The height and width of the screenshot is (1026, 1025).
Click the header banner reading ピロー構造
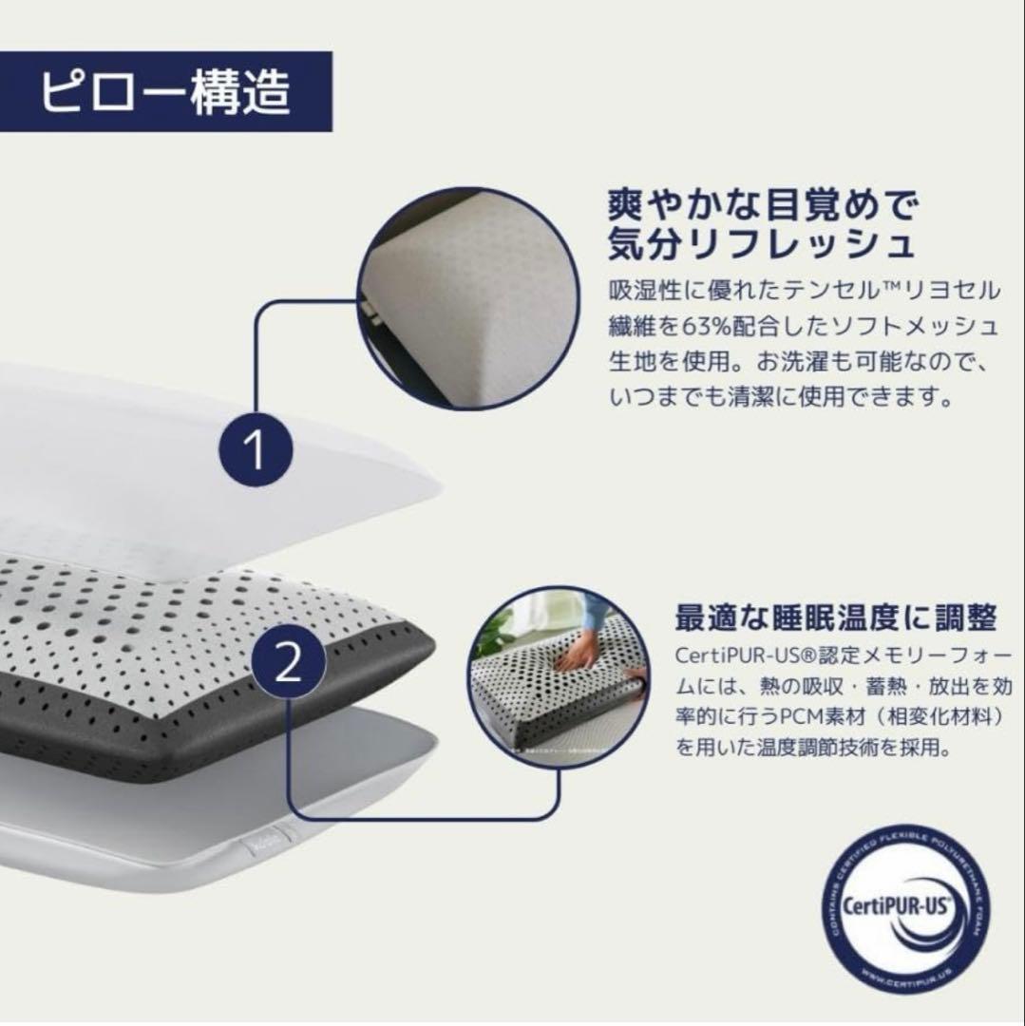[165, 92]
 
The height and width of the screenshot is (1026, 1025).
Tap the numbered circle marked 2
[287, 663]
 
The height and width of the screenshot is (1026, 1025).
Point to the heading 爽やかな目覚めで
[766, 204]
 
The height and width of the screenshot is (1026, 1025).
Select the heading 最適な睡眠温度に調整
[835, 619]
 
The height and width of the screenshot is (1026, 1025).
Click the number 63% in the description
[732, 326]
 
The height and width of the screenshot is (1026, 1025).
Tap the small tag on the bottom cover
[259, 842]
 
